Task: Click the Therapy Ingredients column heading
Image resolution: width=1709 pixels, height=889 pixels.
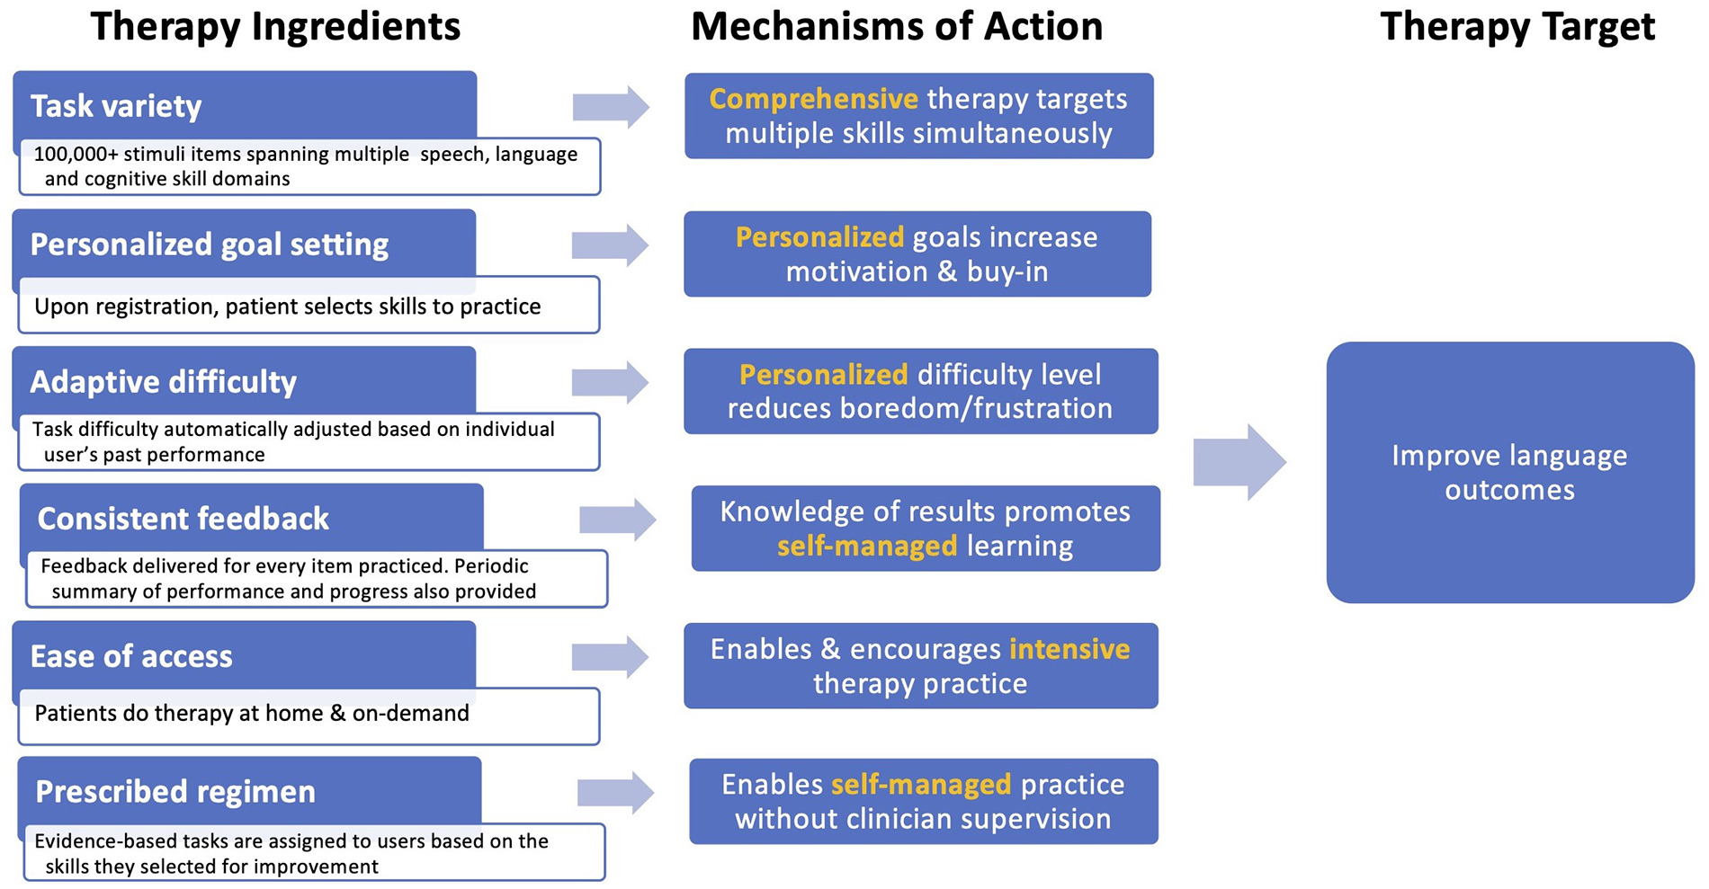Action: pos(275,27)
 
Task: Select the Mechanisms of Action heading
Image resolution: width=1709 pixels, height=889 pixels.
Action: pos(896,27)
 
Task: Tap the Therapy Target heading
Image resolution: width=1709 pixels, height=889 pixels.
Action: pos(1517,27)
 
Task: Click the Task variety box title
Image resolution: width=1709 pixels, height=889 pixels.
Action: pos(116,106)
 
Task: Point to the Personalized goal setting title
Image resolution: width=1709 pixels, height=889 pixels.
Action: pos(209,244)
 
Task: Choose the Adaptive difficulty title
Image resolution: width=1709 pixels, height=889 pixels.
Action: pos(163,382)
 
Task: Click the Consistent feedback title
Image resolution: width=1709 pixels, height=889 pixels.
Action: pos(183,519)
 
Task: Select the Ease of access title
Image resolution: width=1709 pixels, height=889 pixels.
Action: pos(131,656)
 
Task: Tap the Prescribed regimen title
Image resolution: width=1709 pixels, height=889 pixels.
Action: pos(175,792)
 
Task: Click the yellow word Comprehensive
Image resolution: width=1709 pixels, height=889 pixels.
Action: pos(813,99)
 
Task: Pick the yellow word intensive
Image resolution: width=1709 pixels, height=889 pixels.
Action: pos(1069,649)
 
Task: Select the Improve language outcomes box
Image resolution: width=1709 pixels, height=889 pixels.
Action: pos(1509,472)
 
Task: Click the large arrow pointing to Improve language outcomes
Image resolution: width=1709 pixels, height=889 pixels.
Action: pos(1239,462)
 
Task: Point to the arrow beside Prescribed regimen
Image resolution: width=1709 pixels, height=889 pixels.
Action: pos(615,793)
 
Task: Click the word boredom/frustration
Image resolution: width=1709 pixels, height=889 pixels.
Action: pos(976,409)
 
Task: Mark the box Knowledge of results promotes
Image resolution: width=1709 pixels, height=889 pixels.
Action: pos(925,529)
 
